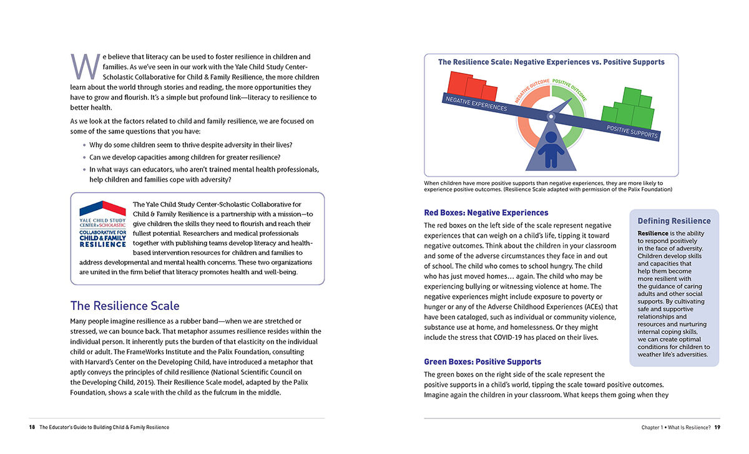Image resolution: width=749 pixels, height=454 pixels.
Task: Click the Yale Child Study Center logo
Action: pyautogui.click(x=102, y=224)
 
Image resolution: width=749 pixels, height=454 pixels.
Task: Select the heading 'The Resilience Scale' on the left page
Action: pyautogui.click(x=125, y=306)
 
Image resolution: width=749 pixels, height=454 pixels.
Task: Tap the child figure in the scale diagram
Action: pyautogui.click(x=551, y=148)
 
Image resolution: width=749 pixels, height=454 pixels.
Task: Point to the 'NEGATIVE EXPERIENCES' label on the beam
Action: pyautogui.click(x=476, y=104)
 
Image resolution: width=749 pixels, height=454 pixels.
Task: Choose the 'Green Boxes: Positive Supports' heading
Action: pyautogui.click(x=482, y=362)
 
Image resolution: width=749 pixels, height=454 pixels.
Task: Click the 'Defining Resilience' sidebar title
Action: pyautogui.click(x=673, y=221)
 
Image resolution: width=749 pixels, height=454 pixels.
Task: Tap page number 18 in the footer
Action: pyautogui.click(x=32, y=427)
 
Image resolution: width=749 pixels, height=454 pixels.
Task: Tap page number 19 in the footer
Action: pyautogui.click(x=717, y=427)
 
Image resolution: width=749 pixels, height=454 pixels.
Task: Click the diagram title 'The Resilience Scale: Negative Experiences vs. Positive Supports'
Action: pyautogui.click(x=551, y=62)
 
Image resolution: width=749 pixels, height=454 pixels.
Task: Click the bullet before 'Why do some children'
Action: pyautogui.click(x=84, y=145)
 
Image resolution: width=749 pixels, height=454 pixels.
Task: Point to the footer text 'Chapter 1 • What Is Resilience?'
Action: pyautogui.click(x=675, y=427)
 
